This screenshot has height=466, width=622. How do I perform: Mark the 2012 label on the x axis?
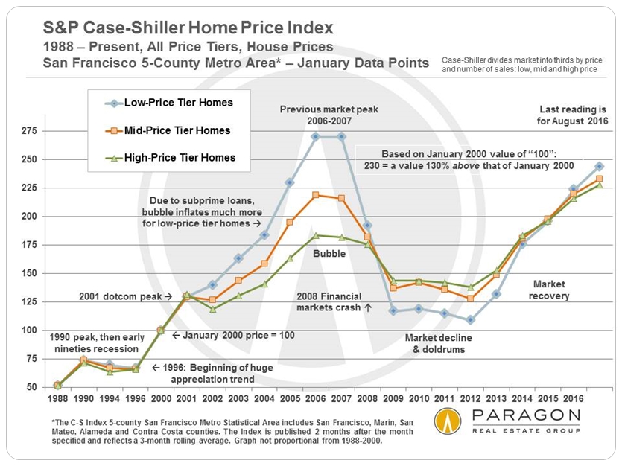(471, 398)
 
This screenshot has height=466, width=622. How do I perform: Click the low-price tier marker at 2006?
(317, 136)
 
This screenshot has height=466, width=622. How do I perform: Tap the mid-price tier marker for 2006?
(317, 195)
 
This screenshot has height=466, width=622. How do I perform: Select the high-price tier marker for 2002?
(212, 309)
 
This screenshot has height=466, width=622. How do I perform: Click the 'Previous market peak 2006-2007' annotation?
(329, 115)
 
